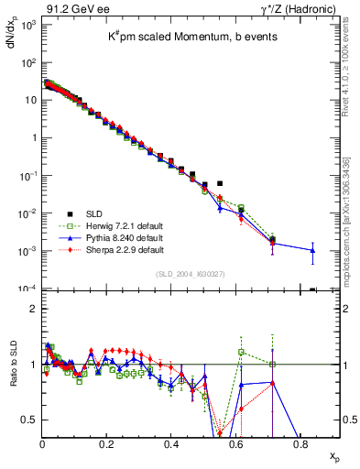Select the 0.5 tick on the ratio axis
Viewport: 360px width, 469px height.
click(29, 420)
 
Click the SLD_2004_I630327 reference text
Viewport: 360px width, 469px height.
click(191, 273)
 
